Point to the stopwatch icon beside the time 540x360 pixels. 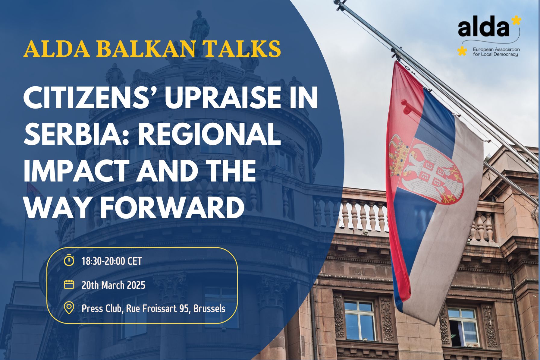pos(69,260)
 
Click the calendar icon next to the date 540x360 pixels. pos(69,285)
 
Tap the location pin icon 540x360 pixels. pos(69,308)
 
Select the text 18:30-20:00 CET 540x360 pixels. pos(111,261)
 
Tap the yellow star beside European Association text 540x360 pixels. pos(461,51)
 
